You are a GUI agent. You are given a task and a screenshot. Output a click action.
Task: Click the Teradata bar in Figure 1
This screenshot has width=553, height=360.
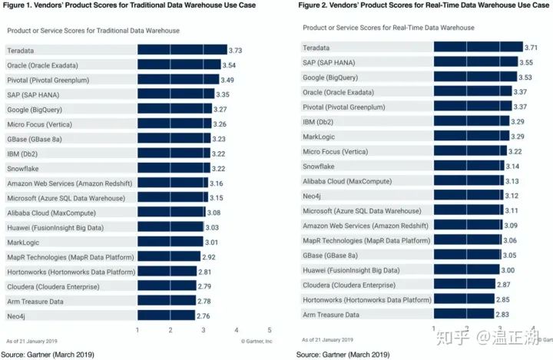pyautogui.click(x=181, y=50)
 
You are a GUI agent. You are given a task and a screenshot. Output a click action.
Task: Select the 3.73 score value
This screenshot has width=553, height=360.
pyautogui.click(x=238, y=50)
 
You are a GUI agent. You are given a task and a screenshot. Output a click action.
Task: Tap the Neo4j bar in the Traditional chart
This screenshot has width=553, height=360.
pyautogui.click(x=165, y=315)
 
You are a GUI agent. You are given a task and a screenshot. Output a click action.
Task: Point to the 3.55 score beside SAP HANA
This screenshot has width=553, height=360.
pyautogui.click(x=525, y=62)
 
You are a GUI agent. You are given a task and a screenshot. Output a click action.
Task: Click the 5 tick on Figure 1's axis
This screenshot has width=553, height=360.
pyautogui.click(x=270, y=330)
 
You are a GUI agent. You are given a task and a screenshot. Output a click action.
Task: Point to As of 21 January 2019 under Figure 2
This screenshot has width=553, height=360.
pyautogui.click(x=329, y=339)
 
